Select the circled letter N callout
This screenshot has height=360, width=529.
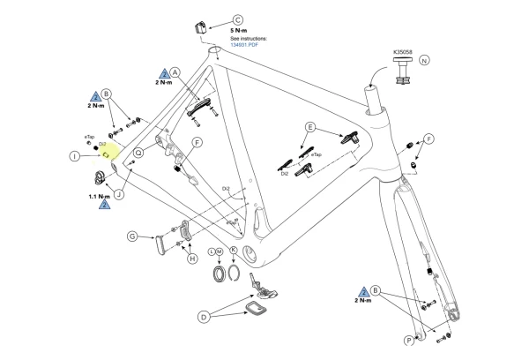click(x=424, y=60)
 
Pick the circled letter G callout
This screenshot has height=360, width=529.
click(x=131, y=236)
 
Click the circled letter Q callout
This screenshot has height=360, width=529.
click(x=142, y=150)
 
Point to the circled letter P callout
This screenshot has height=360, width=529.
click(x=410, y=338)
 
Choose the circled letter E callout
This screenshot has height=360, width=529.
click(x=309, y=127)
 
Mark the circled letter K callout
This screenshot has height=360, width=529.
click(x=234, y=251)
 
